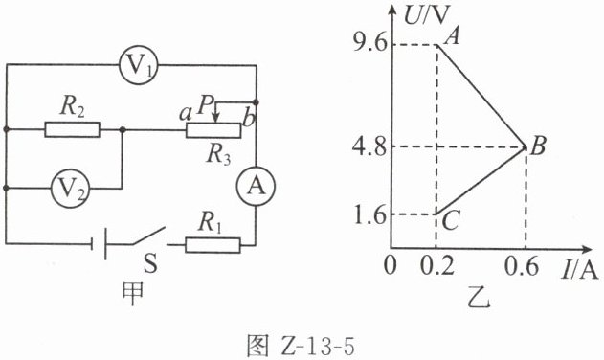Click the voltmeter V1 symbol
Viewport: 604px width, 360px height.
[x=138, y=65]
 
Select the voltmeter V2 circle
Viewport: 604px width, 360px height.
[x=70, y=189]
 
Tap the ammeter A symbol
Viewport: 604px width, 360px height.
[x=256, y=187]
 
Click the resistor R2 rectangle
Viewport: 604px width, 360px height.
[x=72, y=129]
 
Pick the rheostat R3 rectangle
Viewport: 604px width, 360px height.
[x=213, y=130]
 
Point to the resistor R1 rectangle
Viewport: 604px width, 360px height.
[x=213, y=245]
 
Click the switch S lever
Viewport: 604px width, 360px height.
[x=148, y=236]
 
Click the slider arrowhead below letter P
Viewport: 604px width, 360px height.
[x=216, y=118]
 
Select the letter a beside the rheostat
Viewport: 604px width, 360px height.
[x=186, y=113]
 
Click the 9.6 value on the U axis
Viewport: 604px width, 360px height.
[x=369, y=44]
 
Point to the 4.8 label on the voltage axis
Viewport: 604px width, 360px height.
[x=369, y=146]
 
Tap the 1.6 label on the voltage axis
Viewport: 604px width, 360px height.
[x=369, y=215]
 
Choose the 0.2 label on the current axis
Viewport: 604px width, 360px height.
[x=437, y=265]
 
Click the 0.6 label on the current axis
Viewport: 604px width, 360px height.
[x=522, y=265]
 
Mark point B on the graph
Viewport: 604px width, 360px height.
[x=526, y=146]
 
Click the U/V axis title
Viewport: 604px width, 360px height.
[x=428, y=15]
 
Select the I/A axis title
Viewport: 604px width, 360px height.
[x=580, y=269]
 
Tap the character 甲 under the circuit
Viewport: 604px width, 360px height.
[x=132, y=293]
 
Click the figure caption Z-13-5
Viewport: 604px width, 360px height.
[x=300, y=345]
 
